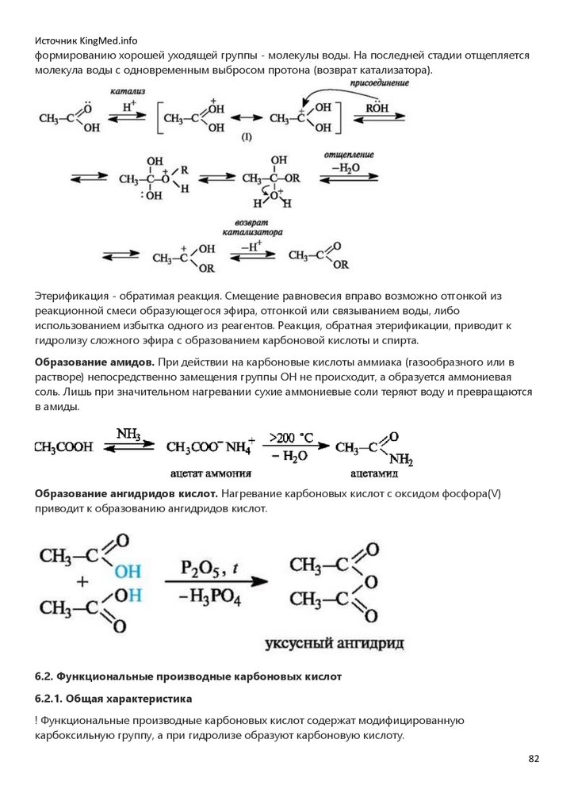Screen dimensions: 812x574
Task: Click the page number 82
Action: [x=534, y=759]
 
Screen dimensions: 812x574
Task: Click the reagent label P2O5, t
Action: [x=209, y=569]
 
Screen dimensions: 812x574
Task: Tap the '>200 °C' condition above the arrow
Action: [x=293, y=437]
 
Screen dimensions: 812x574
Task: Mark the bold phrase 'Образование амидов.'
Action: [x=89, y=362]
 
